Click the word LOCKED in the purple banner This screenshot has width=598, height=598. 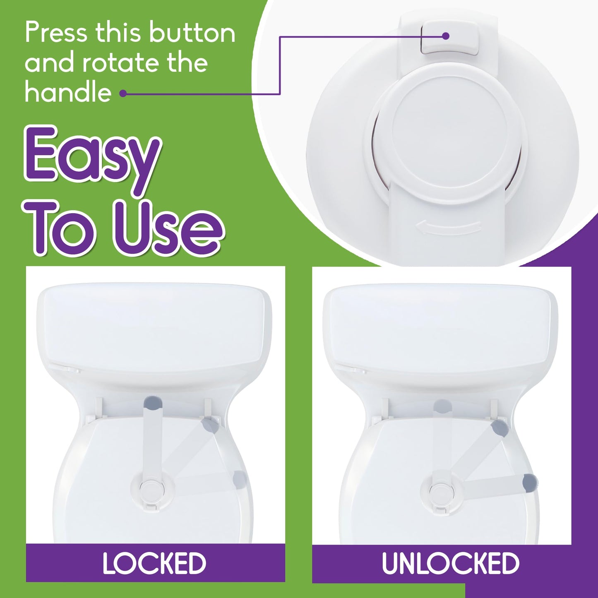(154, 563)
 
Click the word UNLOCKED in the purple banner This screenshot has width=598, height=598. (450, 563)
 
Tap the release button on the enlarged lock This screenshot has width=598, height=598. (450, 38)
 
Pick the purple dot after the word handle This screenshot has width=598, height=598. (123, 94)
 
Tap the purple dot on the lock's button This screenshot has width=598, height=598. (446, 36)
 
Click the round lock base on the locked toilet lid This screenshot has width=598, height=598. (149, 491)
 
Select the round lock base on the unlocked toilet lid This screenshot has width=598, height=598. (439, 492)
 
